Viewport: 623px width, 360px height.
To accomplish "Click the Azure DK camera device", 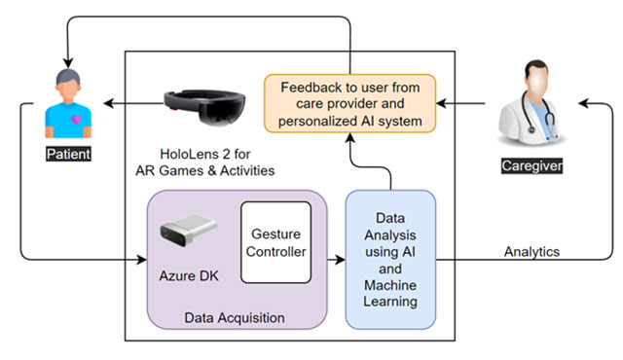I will point(187,232).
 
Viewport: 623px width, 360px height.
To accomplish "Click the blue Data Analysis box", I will point(390,257).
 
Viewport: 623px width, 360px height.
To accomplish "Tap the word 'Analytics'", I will point(531,251).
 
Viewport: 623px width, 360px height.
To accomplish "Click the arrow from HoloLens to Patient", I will point(131,100).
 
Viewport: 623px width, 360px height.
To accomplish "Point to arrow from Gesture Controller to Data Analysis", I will point(329,260).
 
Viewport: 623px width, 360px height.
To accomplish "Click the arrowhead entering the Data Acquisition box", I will point(141,260).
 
